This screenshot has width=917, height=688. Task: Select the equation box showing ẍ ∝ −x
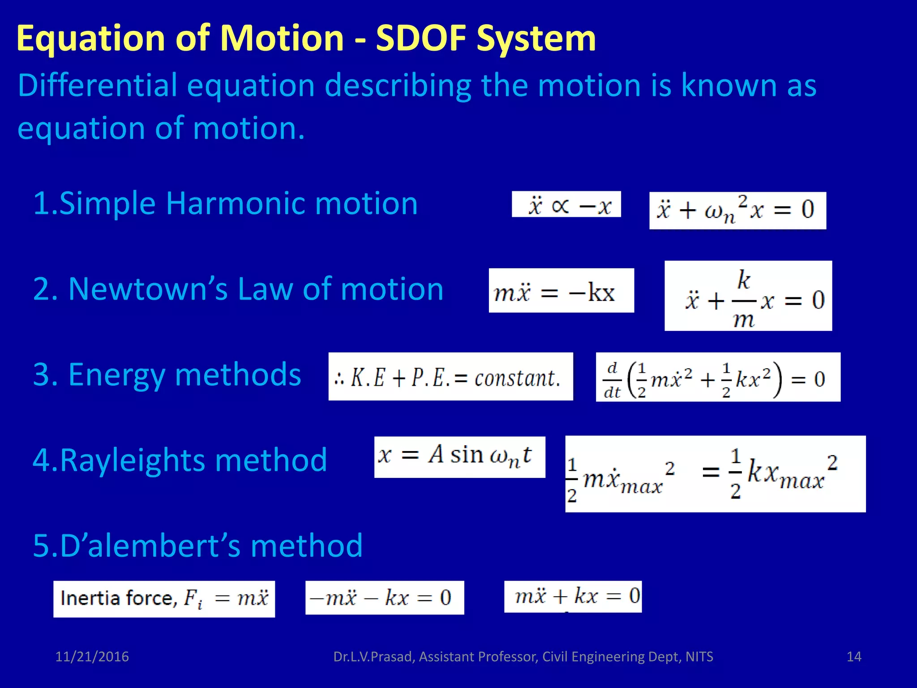[x=566, y=205]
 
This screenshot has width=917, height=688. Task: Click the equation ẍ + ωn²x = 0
[x=737, y=211]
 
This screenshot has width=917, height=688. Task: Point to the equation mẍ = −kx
[x=561, y=291]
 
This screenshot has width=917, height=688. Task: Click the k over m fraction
[x=743, y=299]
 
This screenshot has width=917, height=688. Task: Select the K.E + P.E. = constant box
[x=450, y=377]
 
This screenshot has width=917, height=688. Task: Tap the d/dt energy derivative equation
[x=718, y=377]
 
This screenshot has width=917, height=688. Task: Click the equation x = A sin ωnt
[x=459, y=457]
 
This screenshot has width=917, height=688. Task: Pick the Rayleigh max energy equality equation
[x=715, y=474]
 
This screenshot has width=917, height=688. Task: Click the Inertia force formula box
[x=164, y=599]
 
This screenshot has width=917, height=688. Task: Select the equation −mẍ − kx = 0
[x=384, y=598]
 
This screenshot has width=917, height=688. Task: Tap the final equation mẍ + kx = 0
[x=573, y=596]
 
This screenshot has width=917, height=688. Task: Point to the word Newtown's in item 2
[x=148, y=289]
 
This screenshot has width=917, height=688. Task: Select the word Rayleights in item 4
[x=132, y=460]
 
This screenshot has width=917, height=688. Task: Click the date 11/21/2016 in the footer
[x=92, y=657]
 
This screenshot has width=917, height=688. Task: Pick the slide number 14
[x=854, y=657]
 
